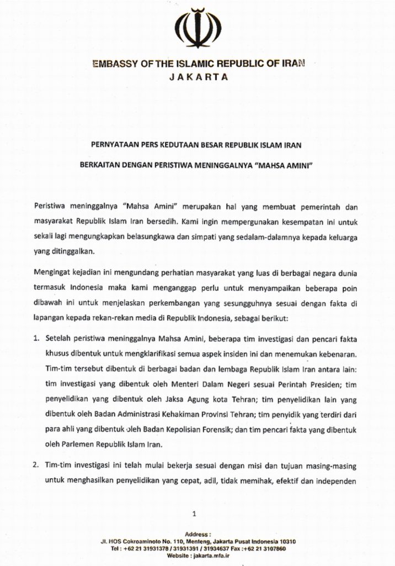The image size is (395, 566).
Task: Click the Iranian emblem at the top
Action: (x=197, y=29)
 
